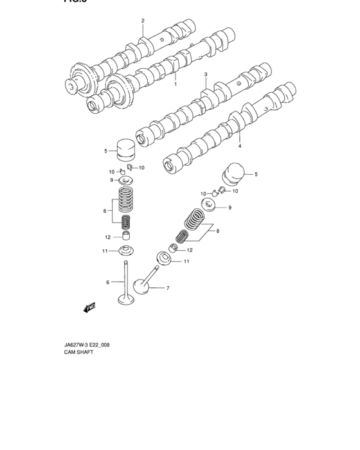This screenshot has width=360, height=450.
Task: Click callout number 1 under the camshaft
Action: pyautogui.click(x=175, y=84)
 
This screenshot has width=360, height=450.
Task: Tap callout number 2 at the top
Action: pyautogui.click(x=143, y=21)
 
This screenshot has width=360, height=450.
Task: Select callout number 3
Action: pyautogui.click(x=206, y=75)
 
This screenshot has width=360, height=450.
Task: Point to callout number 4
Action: pyautogui.click(x=240, y=146)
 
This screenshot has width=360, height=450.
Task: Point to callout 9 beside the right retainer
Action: pyautogui.click(x=230, y=208)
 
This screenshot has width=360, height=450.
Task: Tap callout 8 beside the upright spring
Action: pyautogui.click(x=104, y=210)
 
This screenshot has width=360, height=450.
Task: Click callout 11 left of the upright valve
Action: pyautogui.click(x=104, y=251)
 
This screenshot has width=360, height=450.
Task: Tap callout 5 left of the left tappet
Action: pyautogui.click(x=105, y=152)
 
